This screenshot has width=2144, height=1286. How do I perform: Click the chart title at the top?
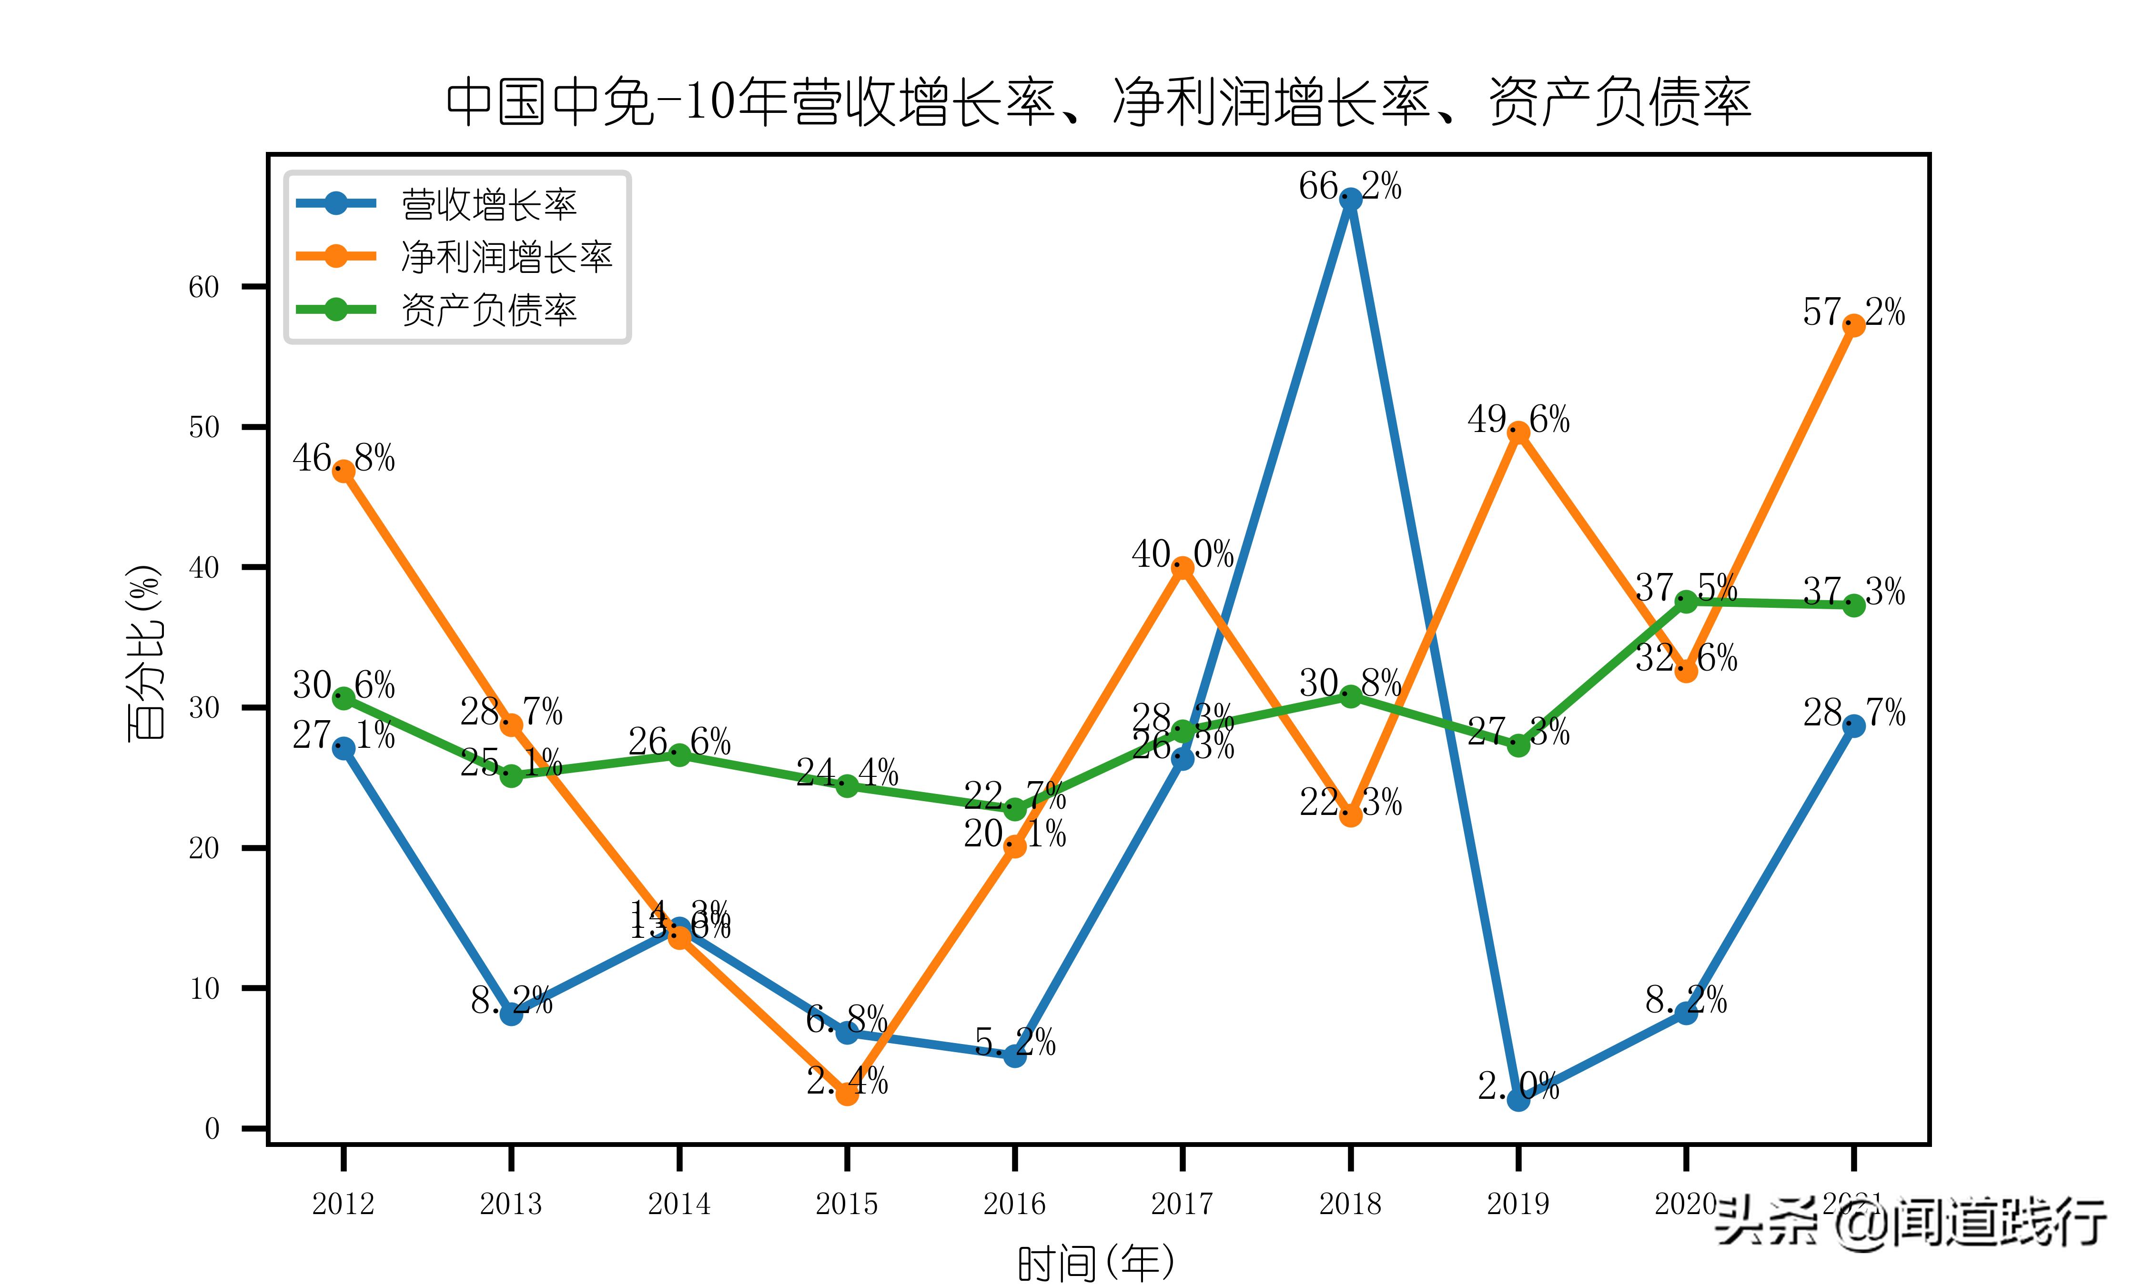coord(1098,102)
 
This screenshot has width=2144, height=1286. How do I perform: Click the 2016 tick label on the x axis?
coord(1015,1204)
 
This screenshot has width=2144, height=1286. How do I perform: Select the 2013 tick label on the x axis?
coord(511,1204)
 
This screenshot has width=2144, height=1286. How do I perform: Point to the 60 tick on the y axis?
coord(204,287)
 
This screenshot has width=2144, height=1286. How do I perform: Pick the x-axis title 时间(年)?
coord(1096,1264)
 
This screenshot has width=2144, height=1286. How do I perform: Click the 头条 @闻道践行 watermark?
coord(1911,1222)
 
